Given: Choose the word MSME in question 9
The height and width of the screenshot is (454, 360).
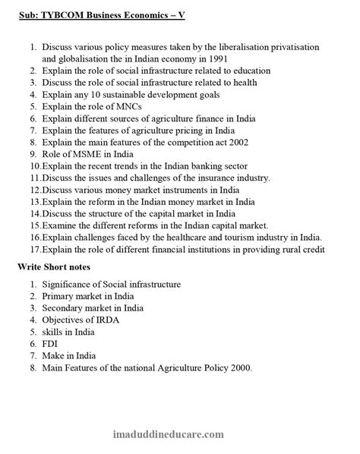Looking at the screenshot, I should coord(79,155).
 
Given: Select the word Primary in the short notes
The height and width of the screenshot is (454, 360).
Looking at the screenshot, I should coord(59,296).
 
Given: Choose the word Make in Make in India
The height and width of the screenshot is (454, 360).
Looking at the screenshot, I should coord(54,356).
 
